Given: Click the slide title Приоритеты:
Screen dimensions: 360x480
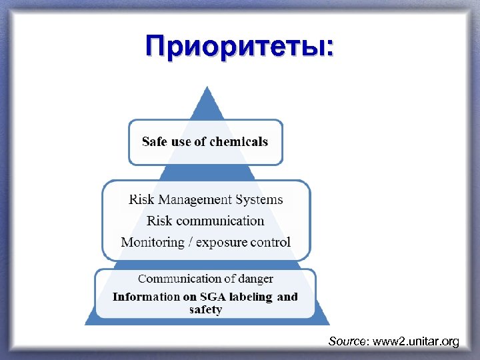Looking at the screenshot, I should pyautogui.click(x=241, y=47).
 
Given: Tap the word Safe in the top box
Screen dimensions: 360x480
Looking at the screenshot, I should pyautogui.click(x=154, y=142).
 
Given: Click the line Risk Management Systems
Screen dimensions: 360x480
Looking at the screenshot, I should pyautogui.click(x=205, y=199).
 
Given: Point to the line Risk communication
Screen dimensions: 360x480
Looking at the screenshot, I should pyautogui.click(x=205, y=221).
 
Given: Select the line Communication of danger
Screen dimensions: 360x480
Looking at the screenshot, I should pyautogui.click(x=205, y=279).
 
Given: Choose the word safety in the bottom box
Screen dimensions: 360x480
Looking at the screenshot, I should pyautogui.click(x=205, y=309).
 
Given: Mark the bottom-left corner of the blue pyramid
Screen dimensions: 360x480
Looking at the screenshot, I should pyautogui.click(x=85, y=324).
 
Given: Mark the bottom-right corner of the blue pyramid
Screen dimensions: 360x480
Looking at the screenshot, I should pyautogui.click(x=329, y=324).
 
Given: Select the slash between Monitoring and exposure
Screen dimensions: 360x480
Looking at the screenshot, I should pyautogui.click(x=191, y=242).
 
